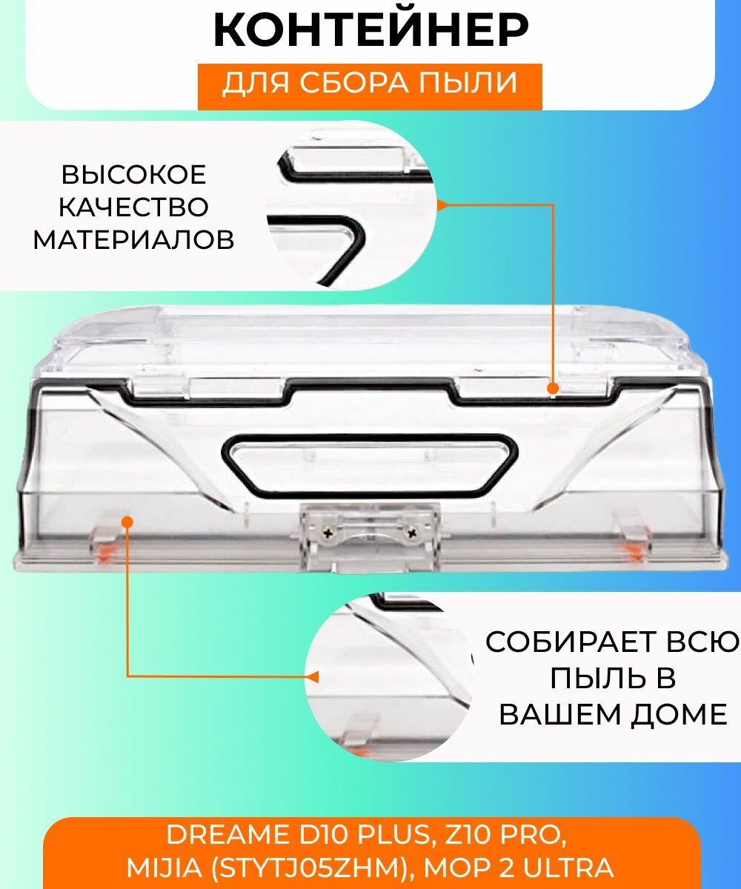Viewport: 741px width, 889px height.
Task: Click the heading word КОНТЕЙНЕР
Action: pos(370,31)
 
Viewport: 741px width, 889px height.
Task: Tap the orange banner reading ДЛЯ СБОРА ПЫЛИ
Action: pos(369,83)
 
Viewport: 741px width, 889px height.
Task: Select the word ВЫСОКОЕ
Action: pos(133,176)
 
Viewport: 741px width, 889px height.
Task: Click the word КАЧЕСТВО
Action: pos(133,207)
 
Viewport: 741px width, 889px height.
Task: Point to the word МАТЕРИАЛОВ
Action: pos(133,239)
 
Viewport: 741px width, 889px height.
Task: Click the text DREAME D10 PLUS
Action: pos(296,836)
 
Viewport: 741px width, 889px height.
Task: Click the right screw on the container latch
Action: pos(413,532)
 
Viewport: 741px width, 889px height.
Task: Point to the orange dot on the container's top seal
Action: pos(552,387)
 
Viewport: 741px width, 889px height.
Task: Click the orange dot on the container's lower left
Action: pos(127,522)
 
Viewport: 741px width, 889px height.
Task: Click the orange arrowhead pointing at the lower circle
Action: pos(313,676)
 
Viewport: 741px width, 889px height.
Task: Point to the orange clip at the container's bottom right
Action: pos(632,548)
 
